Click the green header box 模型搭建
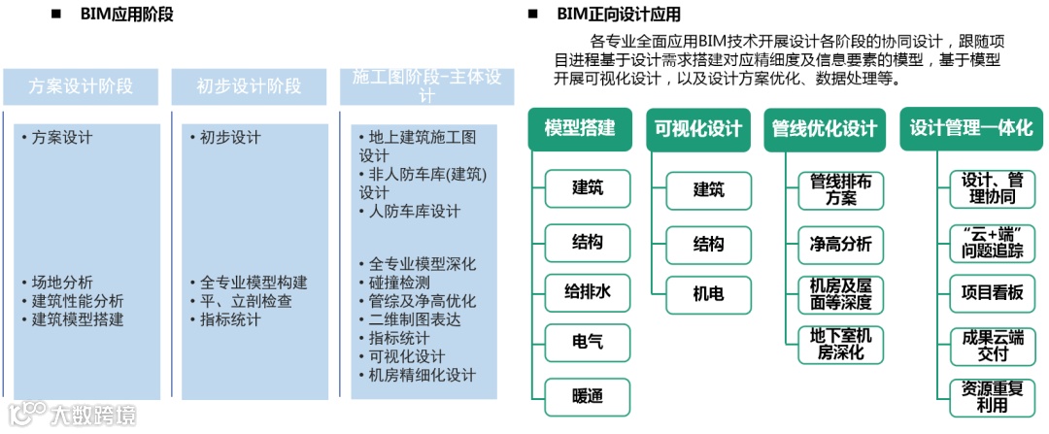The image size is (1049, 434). (580, 129)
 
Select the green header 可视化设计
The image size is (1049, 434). (698, 129)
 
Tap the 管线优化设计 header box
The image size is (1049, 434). (825, 129)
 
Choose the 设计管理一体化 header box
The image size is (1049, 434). (970, 129)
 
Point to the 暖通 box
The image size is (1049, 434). (587, 396)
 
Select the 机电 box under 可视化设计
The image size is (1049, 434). (708, 292)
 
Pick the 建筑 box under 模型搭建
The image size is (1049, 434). (587, 188)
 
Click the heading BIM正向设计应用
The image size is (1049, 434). (618, 14)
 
